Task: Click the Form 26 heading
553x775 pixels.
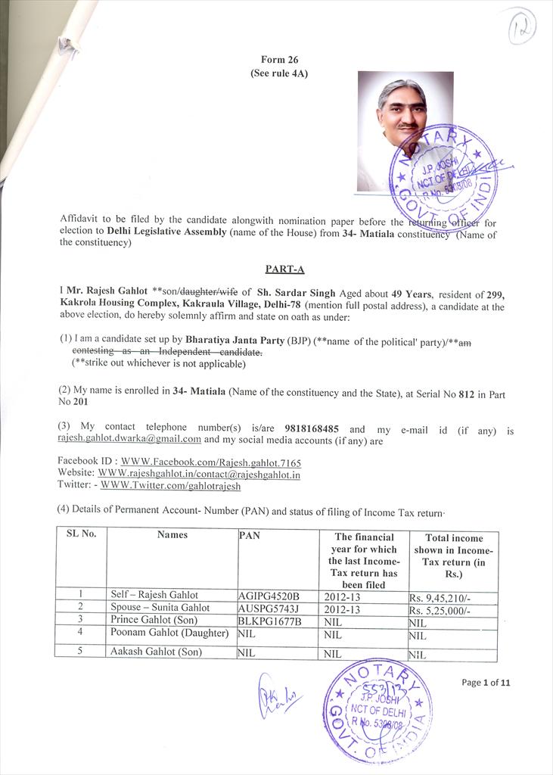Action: point(278,59)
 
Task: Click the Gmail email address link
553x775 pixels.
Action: point(129,439)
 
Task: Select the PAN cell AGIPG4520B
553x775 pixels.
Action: point(269,596)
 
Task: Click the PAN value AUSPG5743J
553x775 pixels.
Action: point(269,608)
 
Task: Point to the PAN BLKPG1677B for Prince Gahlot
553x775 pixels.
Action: point(270,621)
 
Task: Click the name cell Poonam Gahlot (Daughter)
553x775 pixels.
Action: point(169,633)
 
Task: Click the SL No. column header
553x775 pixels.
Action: point(81,534)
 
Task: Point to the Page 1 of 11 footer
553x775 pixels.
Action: point(486,682)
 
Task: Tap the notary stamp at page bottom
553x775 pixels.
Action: point(377,710)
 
